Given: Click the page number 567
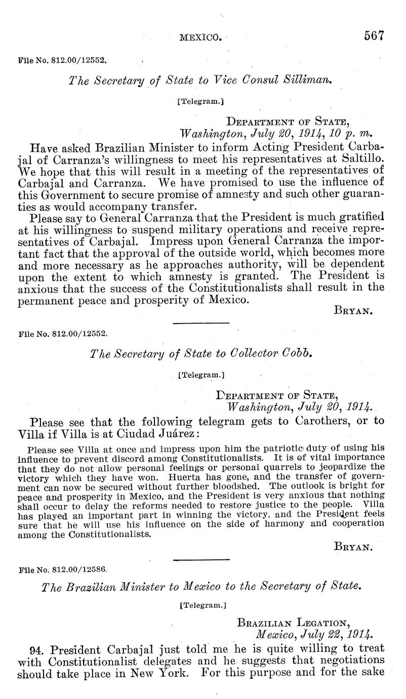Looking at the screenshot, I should click(374, 36).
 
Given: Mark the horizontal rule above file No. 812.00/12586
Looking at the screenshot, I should click(201, 559).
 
